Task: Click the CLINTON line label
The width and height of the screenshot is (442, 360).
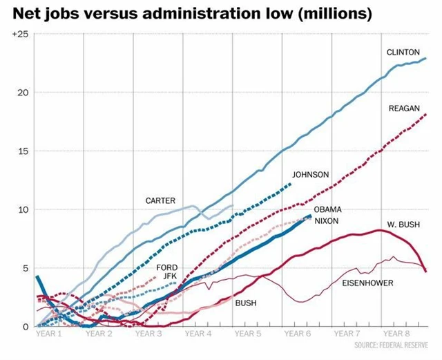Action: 403,52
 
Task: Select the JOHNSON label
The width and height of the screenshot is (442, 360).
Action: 311,175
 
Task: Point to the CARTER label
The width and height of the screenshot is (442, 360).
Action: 160,201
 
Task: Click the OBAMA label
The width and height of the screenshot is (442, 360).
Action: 328,209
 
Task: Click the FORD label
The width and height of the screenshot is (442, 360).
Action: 167,267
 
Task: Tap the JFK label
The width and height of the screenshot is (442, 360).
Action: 170,277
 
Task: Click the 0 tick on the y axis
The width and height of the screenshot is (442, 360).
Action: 25,326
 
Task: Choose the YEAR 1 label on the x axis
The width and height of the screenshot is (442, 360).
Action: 49,334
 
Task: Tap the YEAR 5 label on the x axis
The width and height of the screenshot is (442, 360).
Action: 248,334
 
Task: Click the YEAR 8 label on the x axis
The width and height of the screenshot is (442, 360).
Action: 397,334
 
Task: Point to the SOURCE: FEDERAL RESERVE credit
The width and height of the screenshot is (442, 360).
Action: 395,345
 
